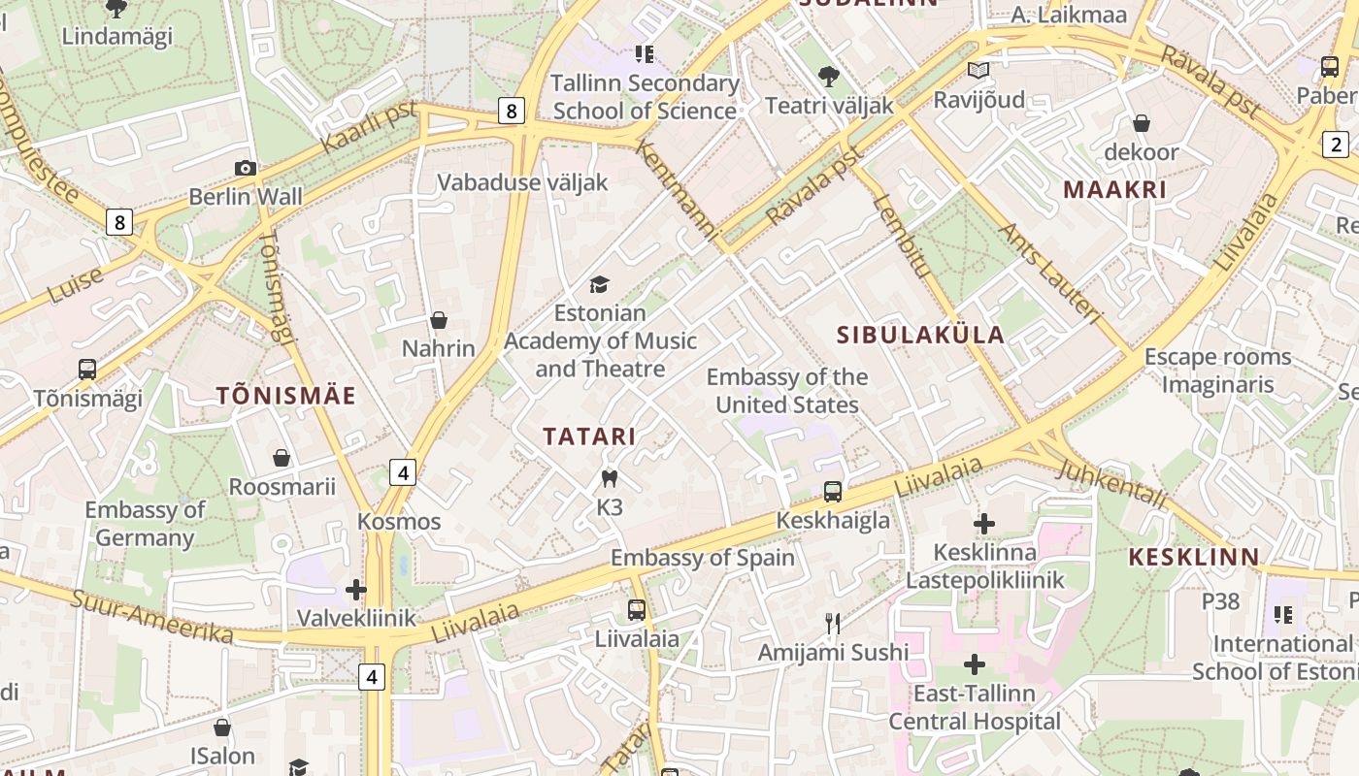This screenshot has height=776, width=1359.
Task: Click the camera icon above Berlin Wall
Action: (246, 168)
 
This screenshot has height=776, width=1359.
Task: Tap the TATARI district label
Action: (589, 436)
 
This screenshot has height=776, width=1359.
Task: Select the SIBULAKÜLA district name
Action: (920, 336)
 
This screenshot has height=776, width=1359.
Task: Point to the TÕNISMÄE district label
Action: (285, 396)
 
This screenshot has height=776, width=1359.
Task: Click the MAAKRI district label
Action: (1114, 190)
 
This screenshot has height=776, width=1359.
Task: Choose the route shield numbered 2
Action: (1336, 145)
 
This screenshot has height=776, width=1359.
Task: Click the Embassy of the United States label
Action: (786, 391)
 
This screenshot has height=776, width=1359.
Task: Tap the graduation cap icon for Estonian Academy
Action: (600, 284)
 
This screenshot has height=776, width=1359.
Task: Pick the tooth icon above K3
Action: (610, 478)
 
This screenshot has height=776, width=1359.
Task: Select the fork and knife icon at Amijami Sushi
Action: (832, 623)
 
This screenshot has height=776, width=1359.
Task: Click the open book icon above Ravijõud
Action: (978, 71)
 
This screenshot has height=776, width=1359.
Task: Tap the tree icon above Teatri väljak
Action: (828, 76)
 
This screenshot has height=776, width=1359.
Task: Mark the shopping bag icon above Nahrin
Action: (439, 320)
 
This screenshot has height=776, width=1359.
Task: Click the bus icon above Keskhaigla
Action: (832, 492)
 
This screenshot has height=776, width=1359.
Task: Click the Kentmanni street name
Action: (676, 190)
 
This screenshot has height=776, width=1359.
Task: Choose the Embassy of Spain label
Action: (702, 558)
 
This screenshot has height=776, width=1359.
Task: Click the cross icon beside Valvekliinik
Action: (356, 590)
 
